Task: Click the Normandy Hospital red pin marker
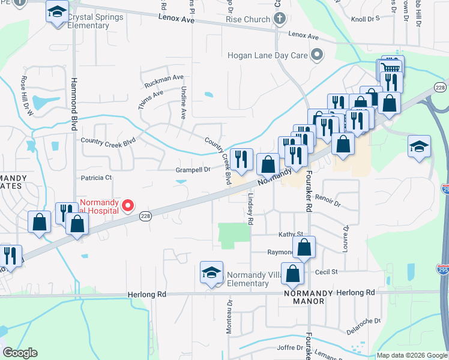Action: [x=127, y=206]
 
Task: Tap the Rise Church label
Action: [x=248, y=19]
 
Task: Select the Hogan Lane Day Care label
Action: [x=267, y=55]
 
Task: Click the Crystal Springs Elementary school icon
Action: [x=58, y=13]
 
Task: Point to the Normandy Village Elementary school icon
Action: [x=212, y=273]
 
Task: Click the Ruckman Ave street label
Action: [x=161, y=78]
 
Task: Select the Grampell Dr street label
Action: [x=193, y=170]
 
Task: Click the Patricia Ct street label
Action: [x=96, y=178]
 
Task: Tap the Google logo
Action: [x=20, y=353]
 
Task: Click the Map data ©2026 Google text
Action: [x=411, y=355]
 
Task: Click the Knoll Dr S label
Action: [x=366, y=19]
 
